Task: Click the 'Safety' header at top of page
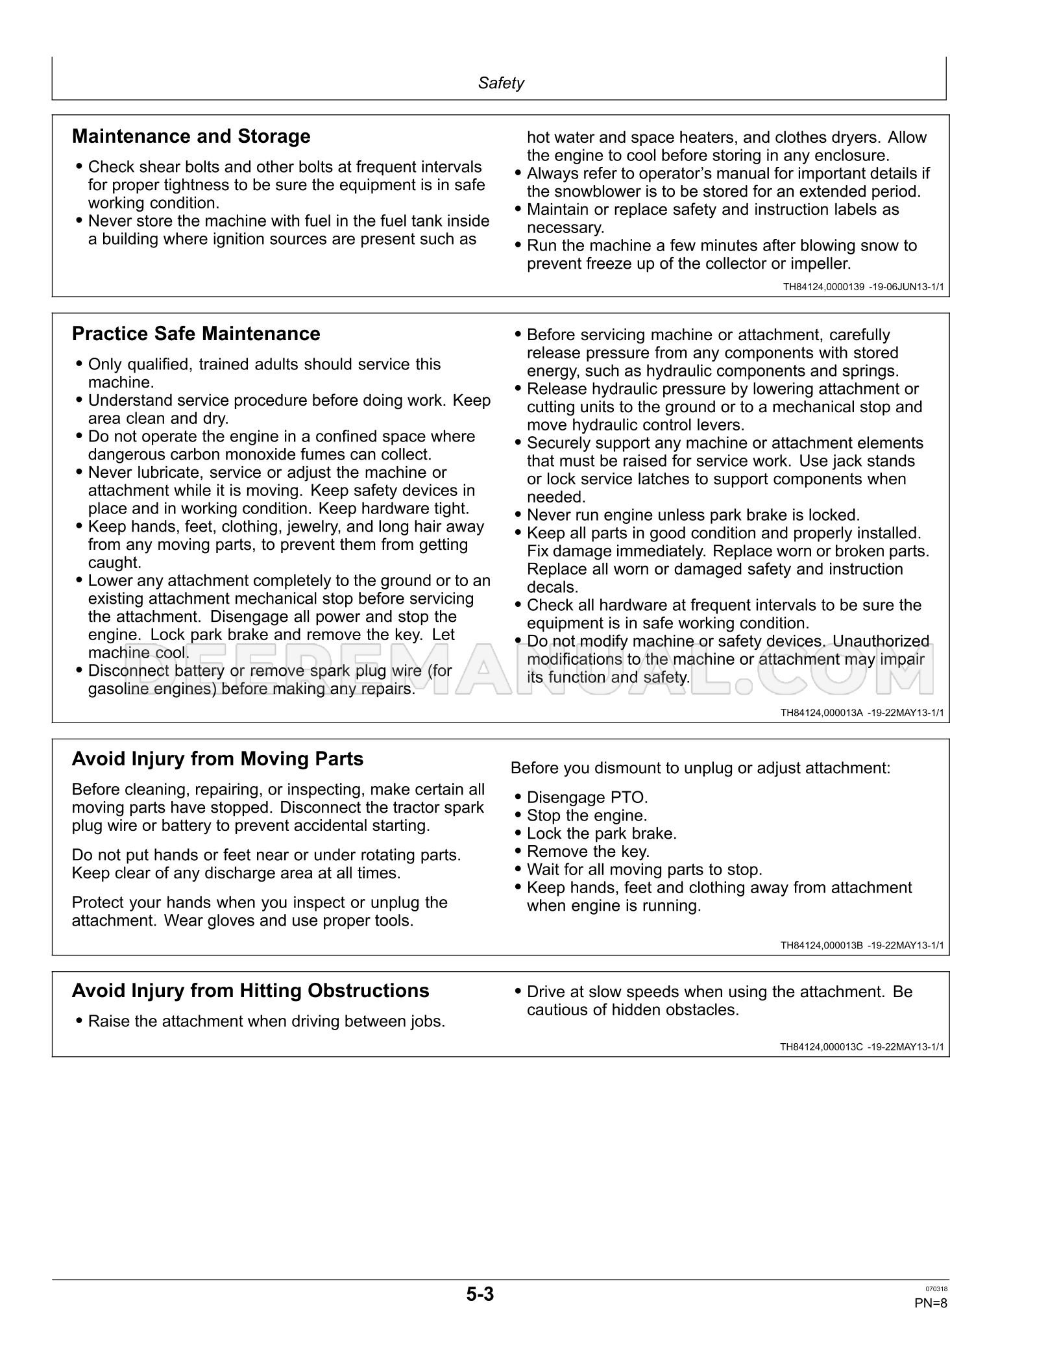[500, 83]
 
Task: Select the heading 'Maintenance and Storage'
[191, 136]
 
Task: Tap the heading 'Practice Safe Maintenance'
[196, 334]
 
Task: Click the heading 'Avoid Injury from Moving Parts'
[217, 759]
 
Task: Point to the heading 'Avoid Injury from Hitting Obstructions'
[250, 991]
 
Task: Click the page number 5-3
[480, 1313]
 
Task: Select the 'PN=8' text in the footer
[931, 1321]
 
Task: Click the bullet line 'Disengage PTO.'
[587, 797]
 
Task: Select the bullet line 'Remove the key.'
[587, 851]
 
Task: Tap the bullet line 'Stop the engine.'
[587, 815]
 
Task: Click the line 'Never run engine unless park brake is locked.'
[692, 515]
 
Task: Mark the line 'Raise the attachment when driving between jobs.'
[266, 1021]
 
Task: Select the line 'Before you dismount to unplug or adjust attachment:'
[700, 768]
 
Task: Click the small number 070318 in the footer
[936, 1307]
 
